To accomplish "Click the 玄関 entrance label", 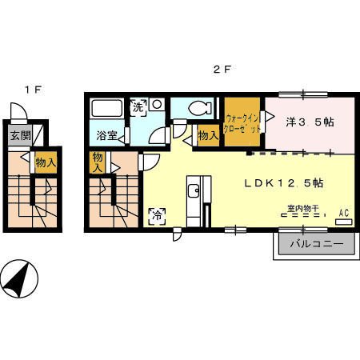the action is pos(21,136).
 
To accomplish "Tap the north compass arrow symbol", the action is pos(19,279).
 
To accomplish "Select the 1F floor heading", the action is pos(34,90).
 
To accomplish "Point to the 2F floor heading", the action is pos(221,70).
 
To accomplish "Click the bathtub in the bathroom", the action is pos(106,108).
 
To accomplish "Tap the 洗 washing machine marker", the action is pos(138,107).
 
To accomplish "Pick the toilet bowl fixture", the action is pos(200,108).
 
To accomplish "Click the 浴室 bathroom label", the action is pos(106,136).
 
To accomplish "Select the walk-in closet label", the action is pos(242,124).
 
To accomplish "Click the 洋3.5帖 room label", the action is pos(310,122).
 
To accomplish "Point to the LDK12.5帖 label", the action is pos(284,183).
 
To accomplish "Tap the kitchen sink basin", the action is pos(193,190).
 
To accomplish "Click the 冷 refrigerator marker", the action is pos(158,216).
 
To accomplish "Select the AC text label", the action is pos(344,213).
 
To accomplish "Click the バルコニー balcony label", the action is pos(317,244).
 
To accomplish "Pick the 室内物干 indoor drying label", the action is pos(303,209).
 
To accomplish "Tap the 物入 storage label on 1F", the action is pos(46,162).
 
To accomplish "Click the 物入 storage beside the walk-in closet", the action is pos(208,136).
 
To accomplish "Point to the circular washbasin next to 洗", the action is pos(157,105).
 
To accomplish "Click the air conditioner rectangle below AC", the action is pos(344,222).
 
